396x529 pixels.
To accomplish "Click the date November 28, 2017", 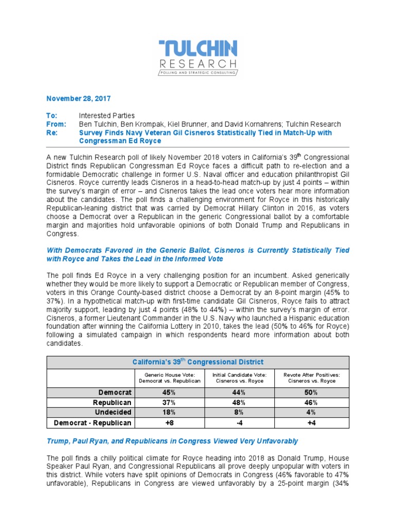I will (x=78, y=98).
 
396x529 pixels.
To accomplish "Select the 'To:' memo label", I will (x=52, y=116).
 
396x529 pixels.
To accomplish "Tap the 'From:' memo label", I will (x=56, y=124).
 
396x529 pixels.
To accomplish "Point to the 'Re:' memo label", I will (x=52, y=132).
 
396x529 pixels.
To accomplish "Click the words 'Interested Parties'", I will (x=107, y=116).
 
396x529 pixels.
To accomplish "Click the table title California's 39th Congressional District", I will (x=198, y=362).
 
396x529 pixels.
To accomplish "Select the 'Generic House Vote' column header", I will (x=169, y=378).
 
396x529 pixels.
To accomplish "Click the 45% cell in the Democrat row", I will (x=169, y=392).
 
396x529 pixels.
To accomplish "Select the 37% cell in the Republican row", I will (x=169, y=402).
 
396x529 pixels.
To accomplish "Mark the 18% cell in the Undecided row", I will (x=169, y=412).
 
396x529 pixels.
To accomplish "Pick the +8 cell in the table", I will (x=169, y=423).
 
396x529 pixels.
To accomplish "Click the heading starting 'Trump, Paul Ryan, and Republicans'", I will (x=172, y=441).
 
